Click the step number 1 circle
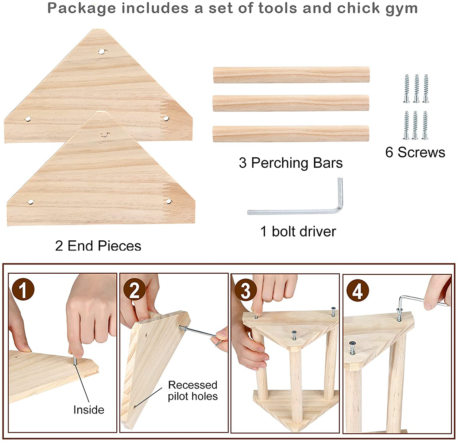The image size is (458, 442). tap(23, 289)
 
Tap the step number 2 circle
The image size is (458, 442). tap(134, 289)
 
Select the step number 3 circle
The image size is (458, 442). tap(246, 290)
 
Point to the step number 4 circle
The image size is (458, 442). tap(358, 290)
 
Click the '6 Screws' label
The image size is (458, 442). tap(415, 153)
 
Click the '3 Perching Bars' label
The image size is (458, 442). tap(291, 163)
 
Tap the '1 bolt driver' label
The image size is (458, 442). tap(298, 231)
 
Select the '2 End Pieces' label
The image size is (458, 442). tap(98, 246)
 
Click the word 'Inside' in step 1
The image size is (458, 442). tap(89, 410)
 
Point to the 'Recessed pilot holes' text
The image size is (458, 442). tap(193, 391)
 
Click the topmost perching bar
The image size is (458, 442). tap(291, 75)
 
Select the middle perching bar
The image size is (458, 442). tap(291, 103)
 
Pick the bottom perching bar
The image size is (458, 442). tap(291, 134)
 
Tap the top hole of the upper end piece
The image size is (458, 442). tap(101, 52)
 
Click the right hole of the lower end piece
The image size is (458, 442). tap(169, 201)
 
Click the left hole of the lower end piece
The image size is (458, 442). tap(30, 202)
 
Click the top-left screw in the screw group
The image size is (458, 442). tap(406, 88)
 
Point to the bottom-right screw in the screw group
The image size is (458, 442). tap(425, 125)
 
